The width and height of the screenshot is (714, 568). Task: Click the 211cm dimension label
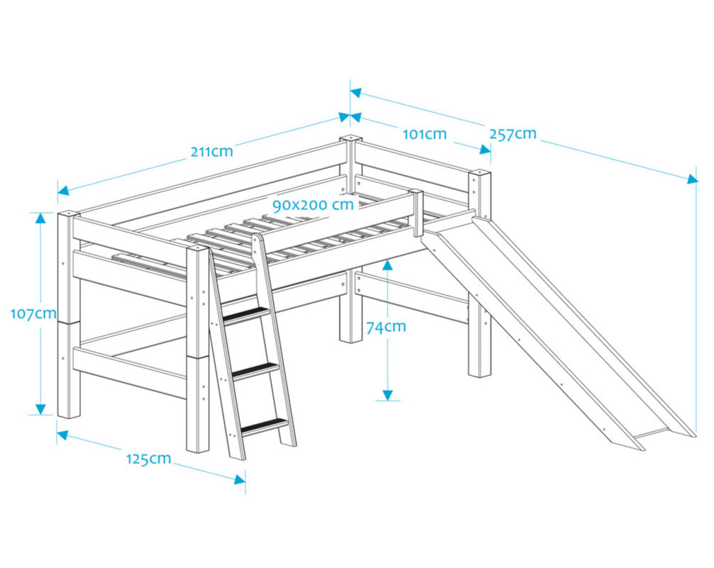[211, 151]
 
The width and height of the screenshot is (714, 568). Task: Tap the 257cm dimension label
[512, 134]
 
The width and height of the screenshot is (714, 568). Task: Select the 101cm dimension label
[424, 134]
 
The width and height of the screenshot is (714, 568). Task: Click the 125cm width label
[148, 459]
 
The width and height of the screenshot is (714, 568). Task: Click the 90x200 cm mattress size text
[313, 205]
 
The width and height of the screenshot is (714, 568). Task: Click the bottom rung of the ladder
[265, 427]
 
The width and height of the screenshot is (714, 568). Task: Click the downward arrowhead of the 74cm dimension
[387, 394]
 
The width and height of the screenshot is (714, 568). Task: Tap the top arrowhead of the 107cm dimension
[40, 218]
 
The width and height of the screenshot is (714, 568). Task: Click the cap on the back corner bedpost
[350, 138]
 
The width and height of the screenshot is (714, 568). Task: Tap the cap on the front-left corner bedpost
[69, 213]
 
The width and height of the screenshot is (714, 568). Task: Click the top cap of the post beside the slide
[480, 172]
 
